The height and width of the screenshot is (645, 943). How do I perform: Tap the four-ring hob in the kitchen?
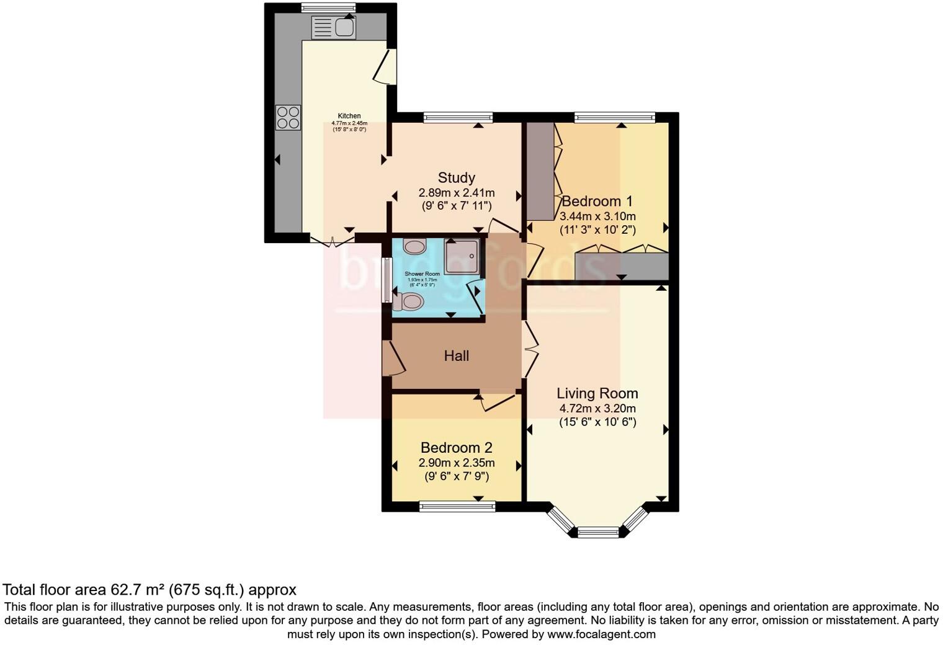288,117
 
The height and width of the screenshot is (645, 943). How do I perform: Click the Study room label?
456,178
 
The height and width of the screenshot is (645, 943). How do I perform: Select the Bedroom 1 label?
597,201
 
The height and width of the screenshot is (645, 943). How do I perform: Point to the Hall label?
456,356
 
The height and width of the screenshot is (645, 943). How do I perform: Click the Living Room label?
597,393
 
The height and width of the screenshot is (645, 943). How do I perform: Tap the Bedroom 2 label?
456,448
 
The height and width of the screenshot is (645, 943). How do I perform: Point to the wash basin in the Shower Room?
414,247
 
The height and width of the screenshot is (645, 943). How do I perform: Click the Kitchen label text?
349,116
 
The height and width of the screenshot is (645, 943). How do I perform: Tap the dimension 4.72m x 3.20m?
597,409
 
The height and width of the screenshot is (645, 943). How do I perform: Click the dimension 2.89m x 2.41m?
456,193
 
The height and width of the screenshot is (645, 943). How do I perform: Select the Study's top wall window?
458,117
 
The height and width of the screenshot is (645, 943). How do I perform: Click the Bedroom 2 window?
457,507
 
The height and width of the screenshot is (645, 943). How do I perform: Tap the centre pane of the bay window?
598,532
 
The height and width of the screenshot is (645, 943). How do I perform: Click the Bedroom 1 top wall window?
614,117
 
